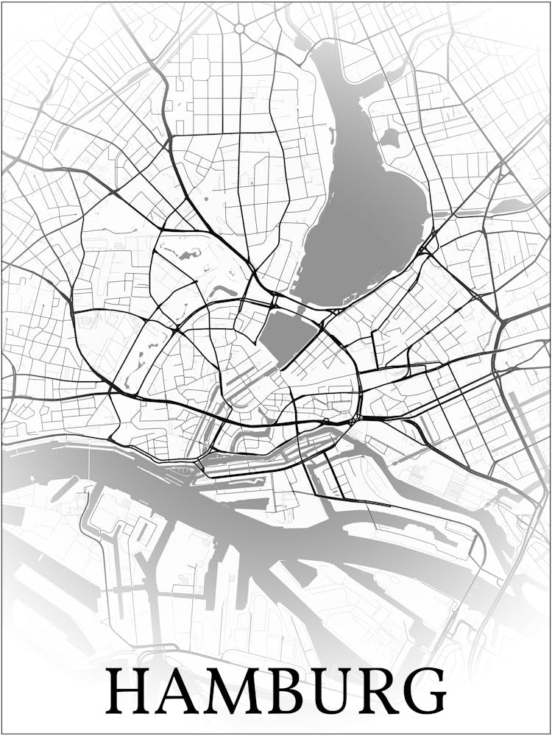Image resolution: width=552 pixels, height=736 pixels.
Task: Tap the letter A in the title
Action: pyautogui.click(x=177, y=691)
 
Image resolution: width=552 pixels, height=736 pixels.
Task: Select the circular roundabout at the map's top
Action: pyautogui.click(x=239, y=28)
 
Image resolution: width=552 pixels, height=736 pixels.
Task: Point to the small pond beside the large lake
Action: pyautogui.click(x=390, y=137)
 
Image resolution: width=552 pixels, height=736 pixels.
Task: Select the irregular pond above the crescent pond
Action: pyautogui.click(x=188, y=255)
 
